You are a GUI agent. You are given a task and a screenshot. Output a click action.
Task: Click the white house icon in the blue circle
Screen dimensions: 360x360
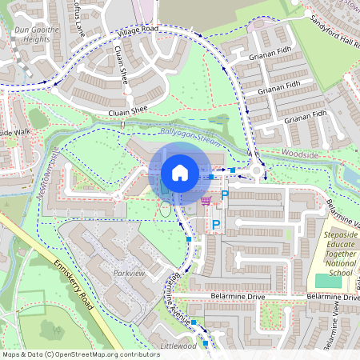(180, 173)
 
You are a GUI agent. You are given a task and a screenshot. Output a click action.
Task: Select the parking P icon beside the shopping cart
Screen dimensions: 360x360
(225, 194)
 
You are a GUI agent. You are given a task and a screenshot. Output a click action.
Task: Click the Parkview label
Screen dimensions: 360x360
(129, 273)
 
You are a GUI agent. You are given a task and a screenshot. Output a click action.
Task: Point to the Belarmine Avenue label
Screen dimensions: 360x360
(179, 297)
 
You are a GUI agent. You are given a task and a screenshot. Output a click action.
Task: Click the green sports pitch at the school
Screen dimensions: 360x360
(327, 281)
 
